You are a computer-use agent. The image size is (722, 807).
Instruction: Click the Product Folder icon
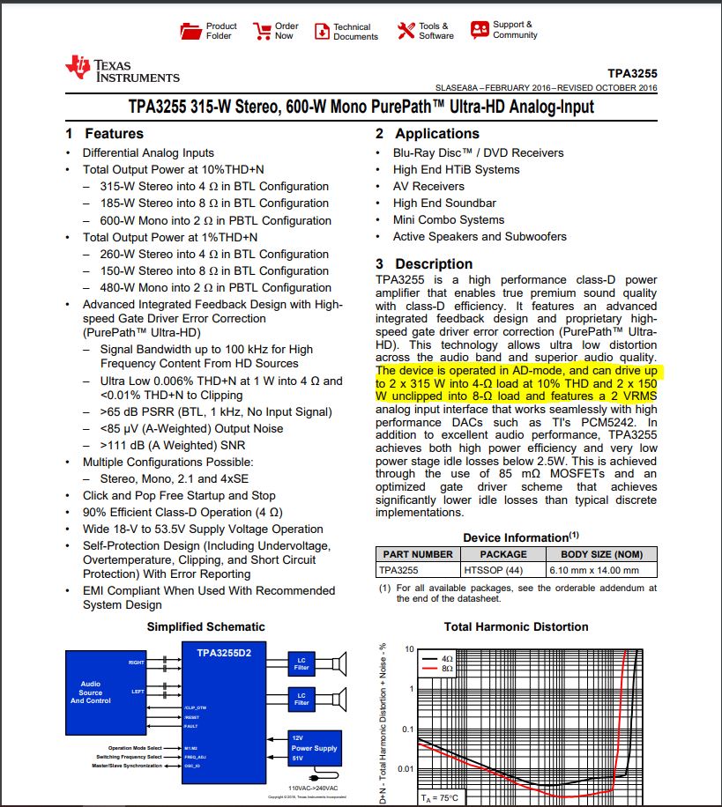[x=191, y=31]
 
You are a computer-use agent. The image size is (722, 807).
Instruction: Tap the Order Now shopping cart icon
[x=262, y=32]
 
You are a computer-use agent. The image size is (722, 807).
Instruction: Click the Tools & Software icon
[x=406, y=31]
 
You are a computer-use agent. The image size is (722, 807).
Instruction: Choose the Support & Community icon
[x=480, y=30]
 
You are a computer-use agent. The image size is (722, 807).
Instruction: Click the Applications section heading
[x=428, y=134]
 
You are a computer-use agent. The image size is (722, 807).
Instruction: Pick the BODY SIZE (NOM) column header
[x=602, y=554]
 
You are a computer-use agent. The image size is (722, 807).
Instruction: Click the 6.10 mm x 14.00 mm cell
[x=602, y=570]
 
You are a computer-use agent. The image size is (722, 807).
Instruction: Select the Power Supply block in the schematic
[x=314, y=748]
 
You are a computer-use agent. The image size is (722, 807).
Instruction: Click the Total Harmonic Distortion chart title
[x=516, y=626]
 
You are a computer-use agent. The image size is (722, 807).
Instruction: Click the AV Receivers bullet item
[x=428, y=186]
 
